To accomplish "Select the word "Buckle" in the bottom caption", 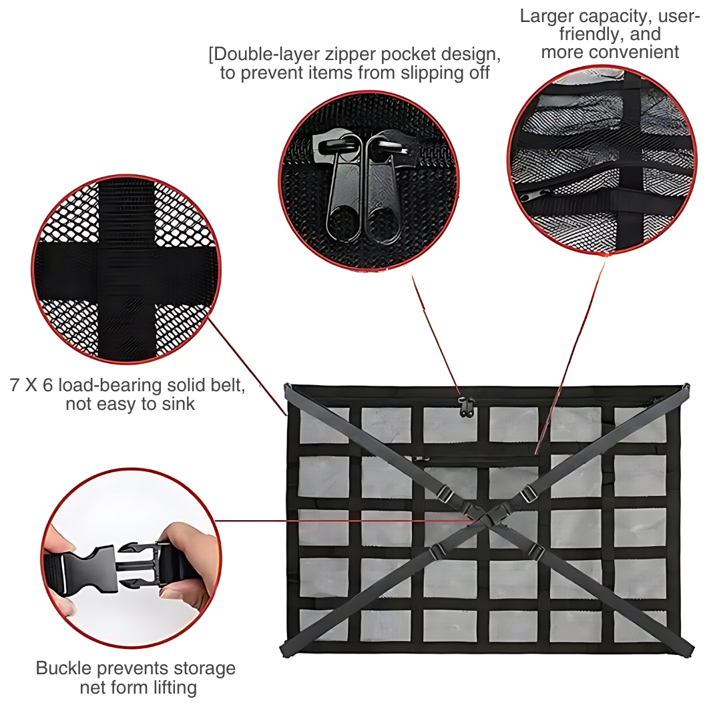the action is pyautogui.click(x=63, y=668).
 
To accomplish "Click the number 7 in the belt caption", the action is pyautogui.click(x=14, y=385).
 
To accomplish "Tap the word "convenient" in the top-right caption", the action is pyautogui.click(x=634, y=53).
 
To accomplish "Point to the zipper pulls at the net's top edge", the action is pyautogui.click(x=466, y=407).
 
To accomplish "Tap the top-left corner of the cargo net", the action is pyautogui.click(x=286, y=385).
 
